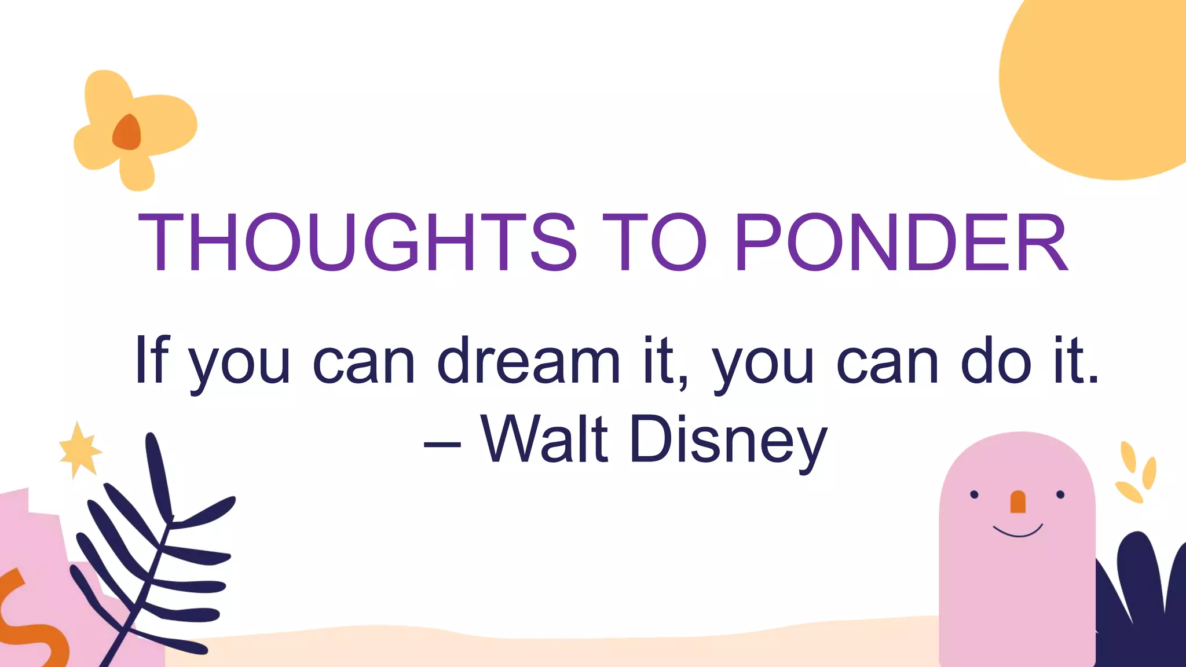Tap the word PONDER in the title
(901, 242)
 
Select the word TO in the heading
(654, 242)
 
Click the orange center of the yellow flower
(127, 133)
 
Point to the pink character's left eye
(974, 494)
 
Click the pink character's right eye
(1060, 494)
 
